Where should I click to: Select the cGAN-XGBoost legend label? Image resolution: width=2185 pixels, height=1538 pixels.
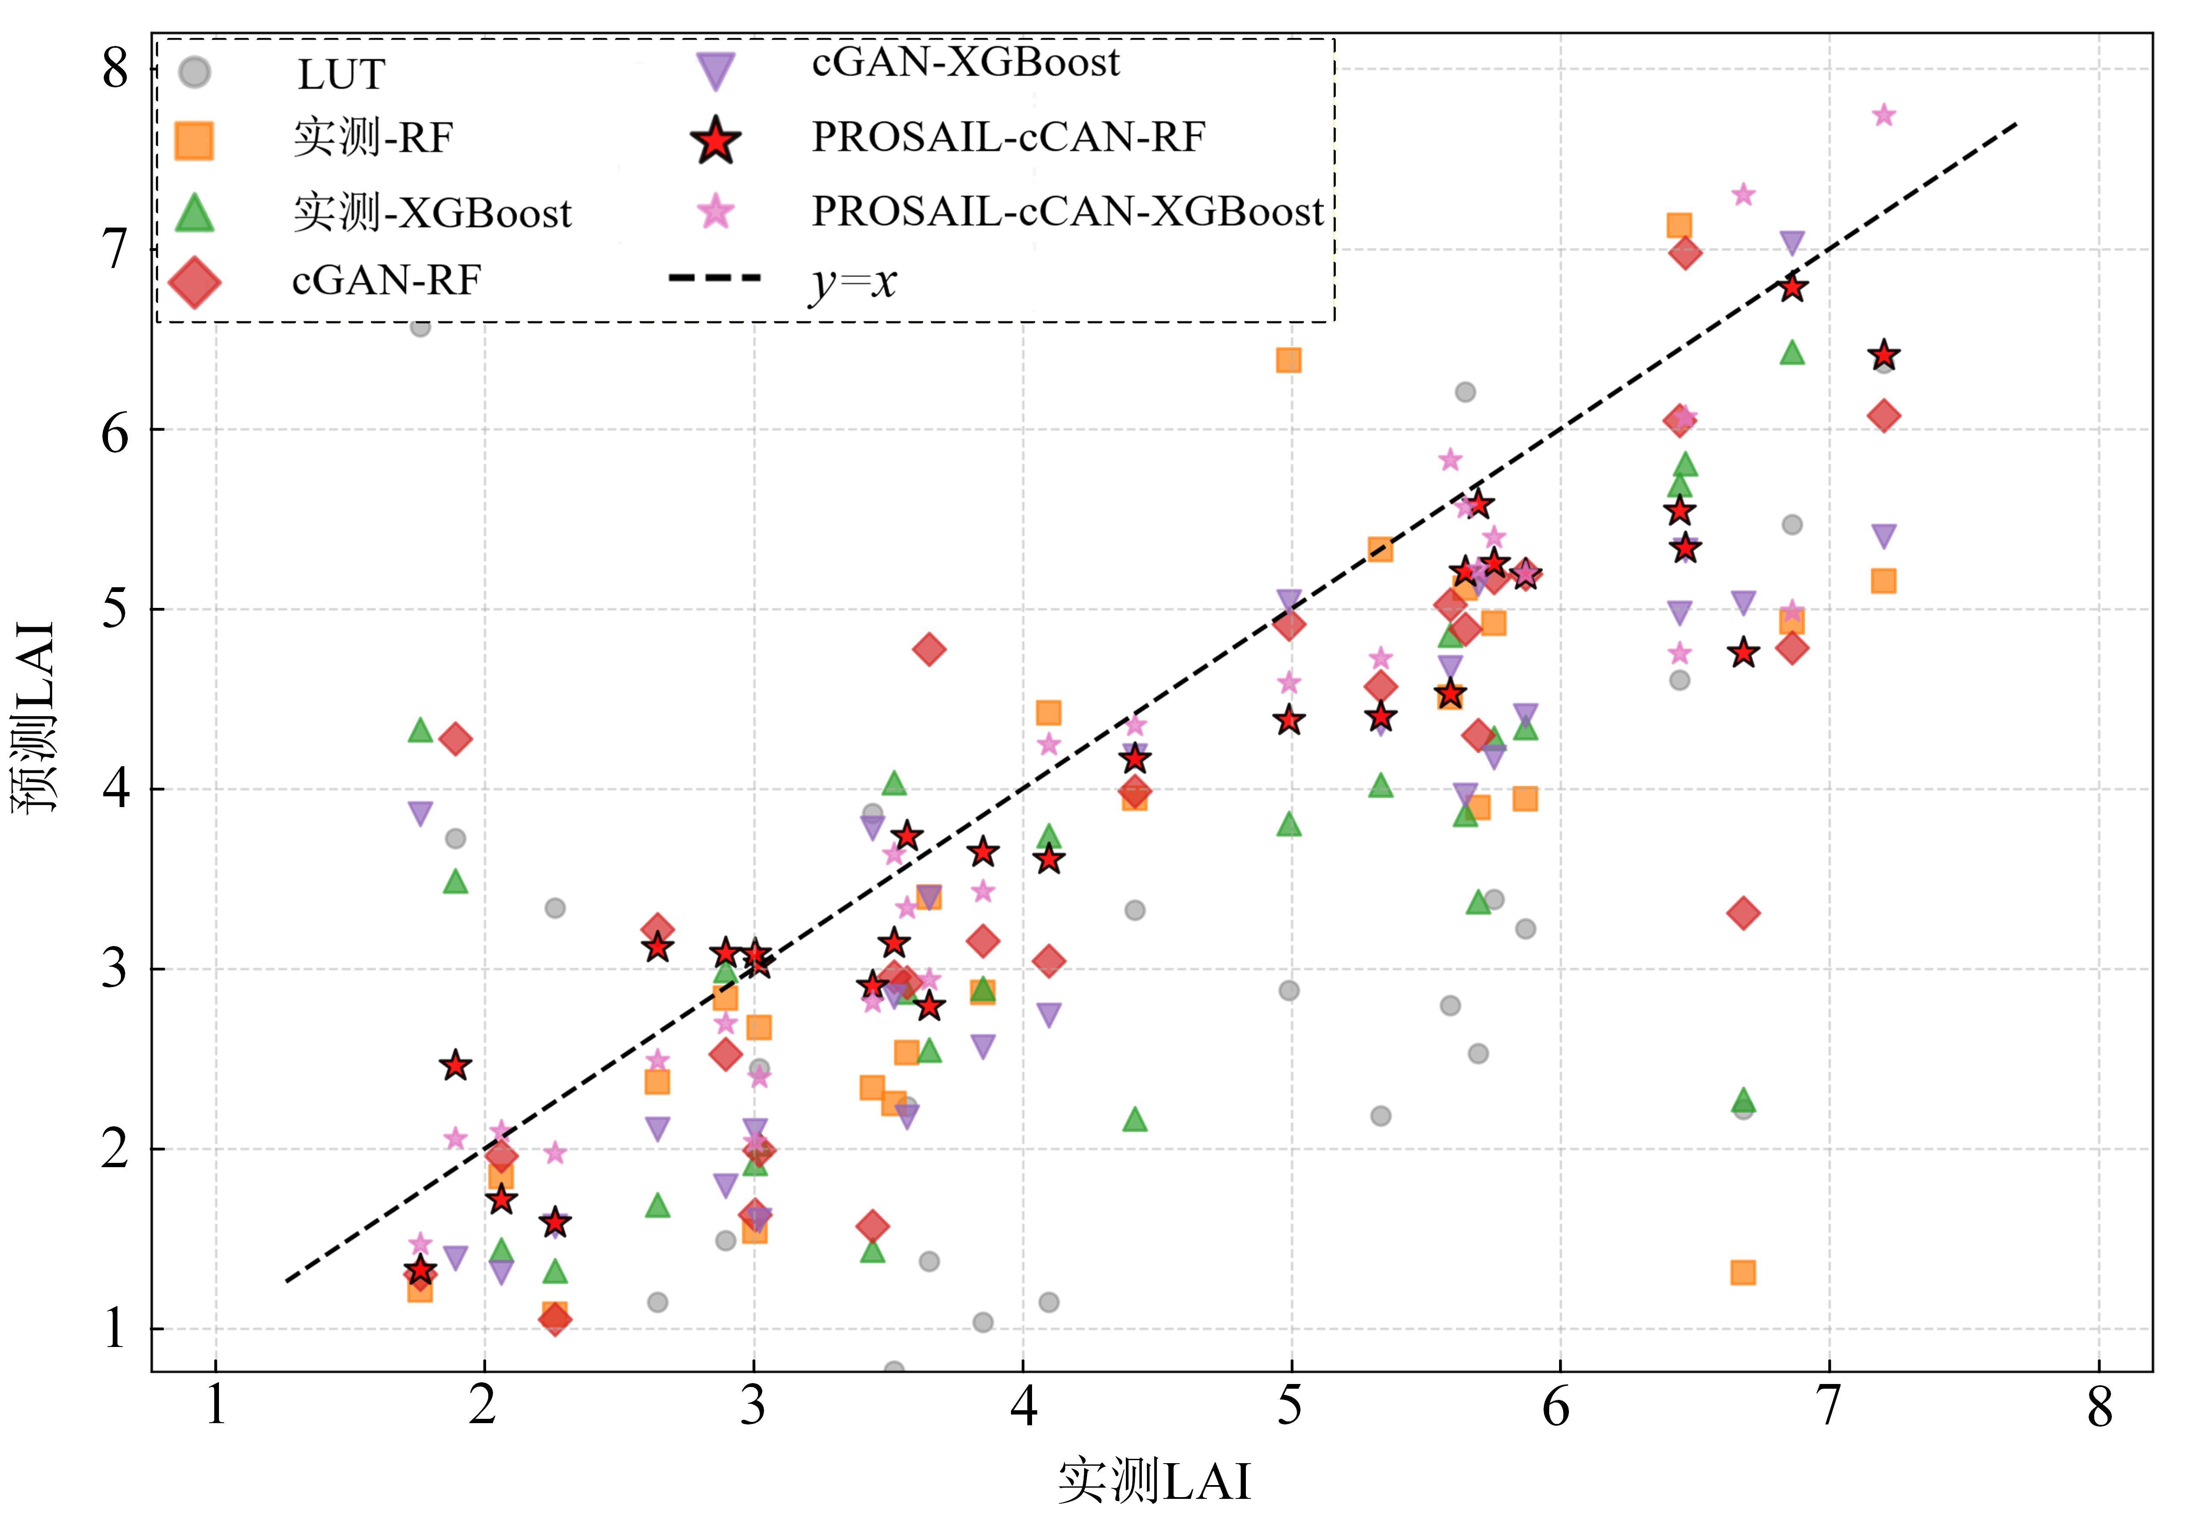(965, 63)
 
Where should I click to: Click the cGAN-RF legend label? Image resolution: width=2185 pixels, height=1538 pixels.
(386, 281)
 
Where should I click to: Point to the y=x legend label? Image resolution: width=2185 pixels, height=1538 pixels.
(853, 282)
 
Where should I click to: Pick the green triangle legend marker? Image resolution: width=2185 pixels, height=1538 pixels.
(194, 213)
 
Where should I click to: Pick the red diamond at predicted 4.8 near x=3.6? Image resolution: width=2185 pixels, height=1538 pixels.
(929, 650)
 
